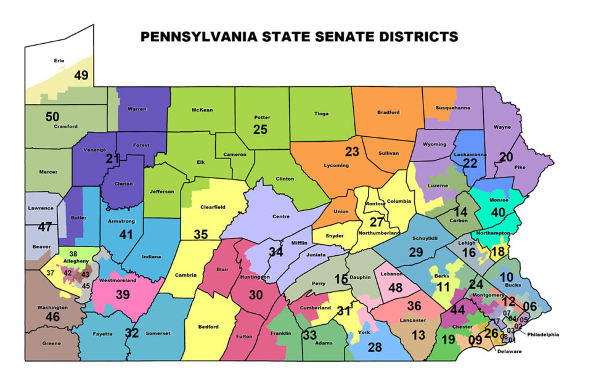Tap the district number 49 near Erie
81,75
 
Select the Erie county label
60,61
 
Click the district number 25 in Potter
261,129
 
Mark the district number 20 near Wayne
506,157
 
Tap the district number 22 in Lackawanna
470,163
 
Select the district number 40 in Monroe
497,211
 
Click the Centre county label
280,216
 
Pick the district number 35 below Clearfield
200,234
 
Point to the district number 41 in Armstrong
126,234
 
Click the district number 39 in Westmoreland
123,295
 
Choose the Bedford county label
208,327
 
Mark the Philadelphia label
543,335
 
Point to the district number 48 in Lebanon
395,287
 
